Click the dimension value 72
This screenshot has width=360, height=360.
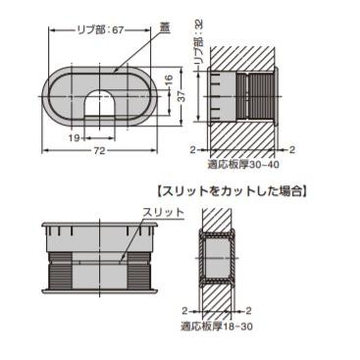[99, 150]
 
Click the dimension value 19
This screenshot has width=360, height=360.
[75, 138]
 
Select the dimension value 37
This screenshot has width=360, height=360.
[182, 96]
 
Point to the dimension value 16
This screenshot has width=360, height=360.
[168, 80]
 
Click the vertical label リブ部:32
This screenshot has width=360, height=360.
[199, 41]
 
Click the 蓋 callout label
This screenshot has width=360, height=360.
[164, 28]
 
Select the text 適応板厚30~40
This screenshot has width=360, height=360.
[243, 164]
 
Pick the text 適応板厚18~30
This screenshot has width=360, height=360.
[217, 326]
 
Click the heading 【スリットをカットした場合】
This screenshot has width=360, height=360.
[231, 191]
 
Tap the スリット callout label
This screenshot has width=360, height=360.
[164, 212]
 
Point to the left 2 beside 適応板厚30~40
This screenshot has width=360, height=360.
[193, 150]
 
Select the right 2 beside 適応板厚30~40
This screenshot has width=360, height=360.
[292, 150]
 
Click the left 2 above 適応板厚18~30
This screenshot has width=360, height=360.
[185, 310]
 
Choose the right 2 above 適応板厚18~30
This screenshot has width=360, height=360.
[248, 310]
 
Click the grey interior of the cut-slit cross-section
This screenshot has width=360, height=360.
[217, 258]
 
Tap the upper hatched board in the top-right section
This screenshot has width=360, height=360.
[241, 58]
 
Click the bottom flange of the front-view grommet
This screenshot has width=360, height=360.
[100, 290]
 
